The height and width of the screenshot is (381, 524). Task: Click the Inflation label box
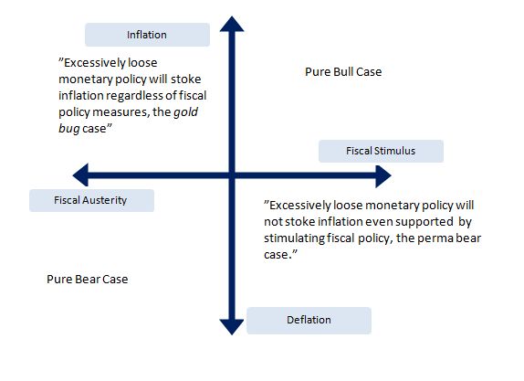pos(147,35)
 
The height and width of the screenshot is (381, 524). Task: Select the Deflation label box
pos(309,320)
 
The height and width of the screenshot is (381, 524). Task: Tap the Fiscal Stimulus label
pos(381,151)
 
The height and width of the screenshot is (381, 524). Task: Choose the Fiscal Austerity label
pos(91,200)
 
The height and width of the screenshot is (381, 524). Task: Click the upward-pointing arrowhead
pos(232,24)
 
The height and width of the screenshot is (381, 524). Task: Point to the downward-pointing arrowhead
pos(232,327)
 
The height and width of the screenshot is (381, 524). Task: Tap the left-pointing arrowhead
pos(81,175)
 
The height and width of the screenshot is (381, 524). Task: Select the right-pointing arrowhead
pos(383,176)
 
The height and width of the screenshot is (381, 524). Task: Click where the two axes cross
pos(232,175)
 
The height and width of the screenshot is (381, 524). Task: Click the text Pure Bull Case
pos(343,72)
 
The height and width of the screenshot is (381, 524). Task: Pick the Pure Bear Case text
pos(88,280)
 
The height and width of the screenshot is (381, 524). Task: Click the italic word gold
pos(185,112)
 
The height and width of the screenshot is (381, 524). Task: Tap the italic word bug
pos(69,129)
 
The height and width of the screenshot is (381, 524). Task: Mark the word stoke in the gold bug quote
pos(186,79)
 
